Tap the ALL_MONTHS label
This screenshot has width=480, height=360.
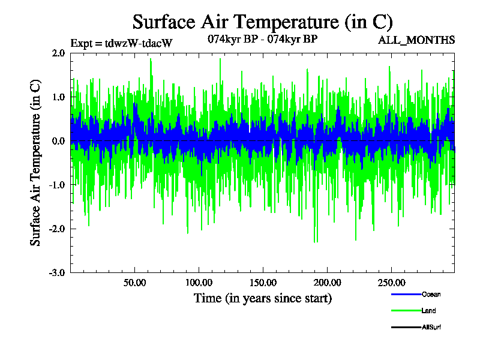416,40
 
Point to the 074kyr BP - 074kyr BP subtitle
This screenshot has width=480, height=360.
262,40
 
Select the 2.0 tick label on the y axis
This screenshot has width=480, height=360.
58,53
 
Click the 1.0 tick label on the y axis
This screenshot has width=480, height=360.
58,97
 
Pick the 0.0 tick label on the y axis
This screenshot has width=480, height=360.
58,141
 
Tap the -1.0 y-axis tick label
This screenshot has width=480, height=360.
57,185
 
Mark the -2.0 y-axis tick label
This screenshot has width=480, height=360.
57,229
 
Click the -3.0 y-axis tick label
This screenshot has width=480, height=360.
57,272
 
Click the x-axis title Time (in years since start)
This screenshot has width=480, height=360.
262,298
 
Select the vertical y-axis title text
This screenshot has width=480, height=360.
35,163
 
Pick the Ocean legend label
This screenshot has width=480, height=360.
431,295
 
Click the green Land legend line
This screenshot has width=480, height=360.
405,311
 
